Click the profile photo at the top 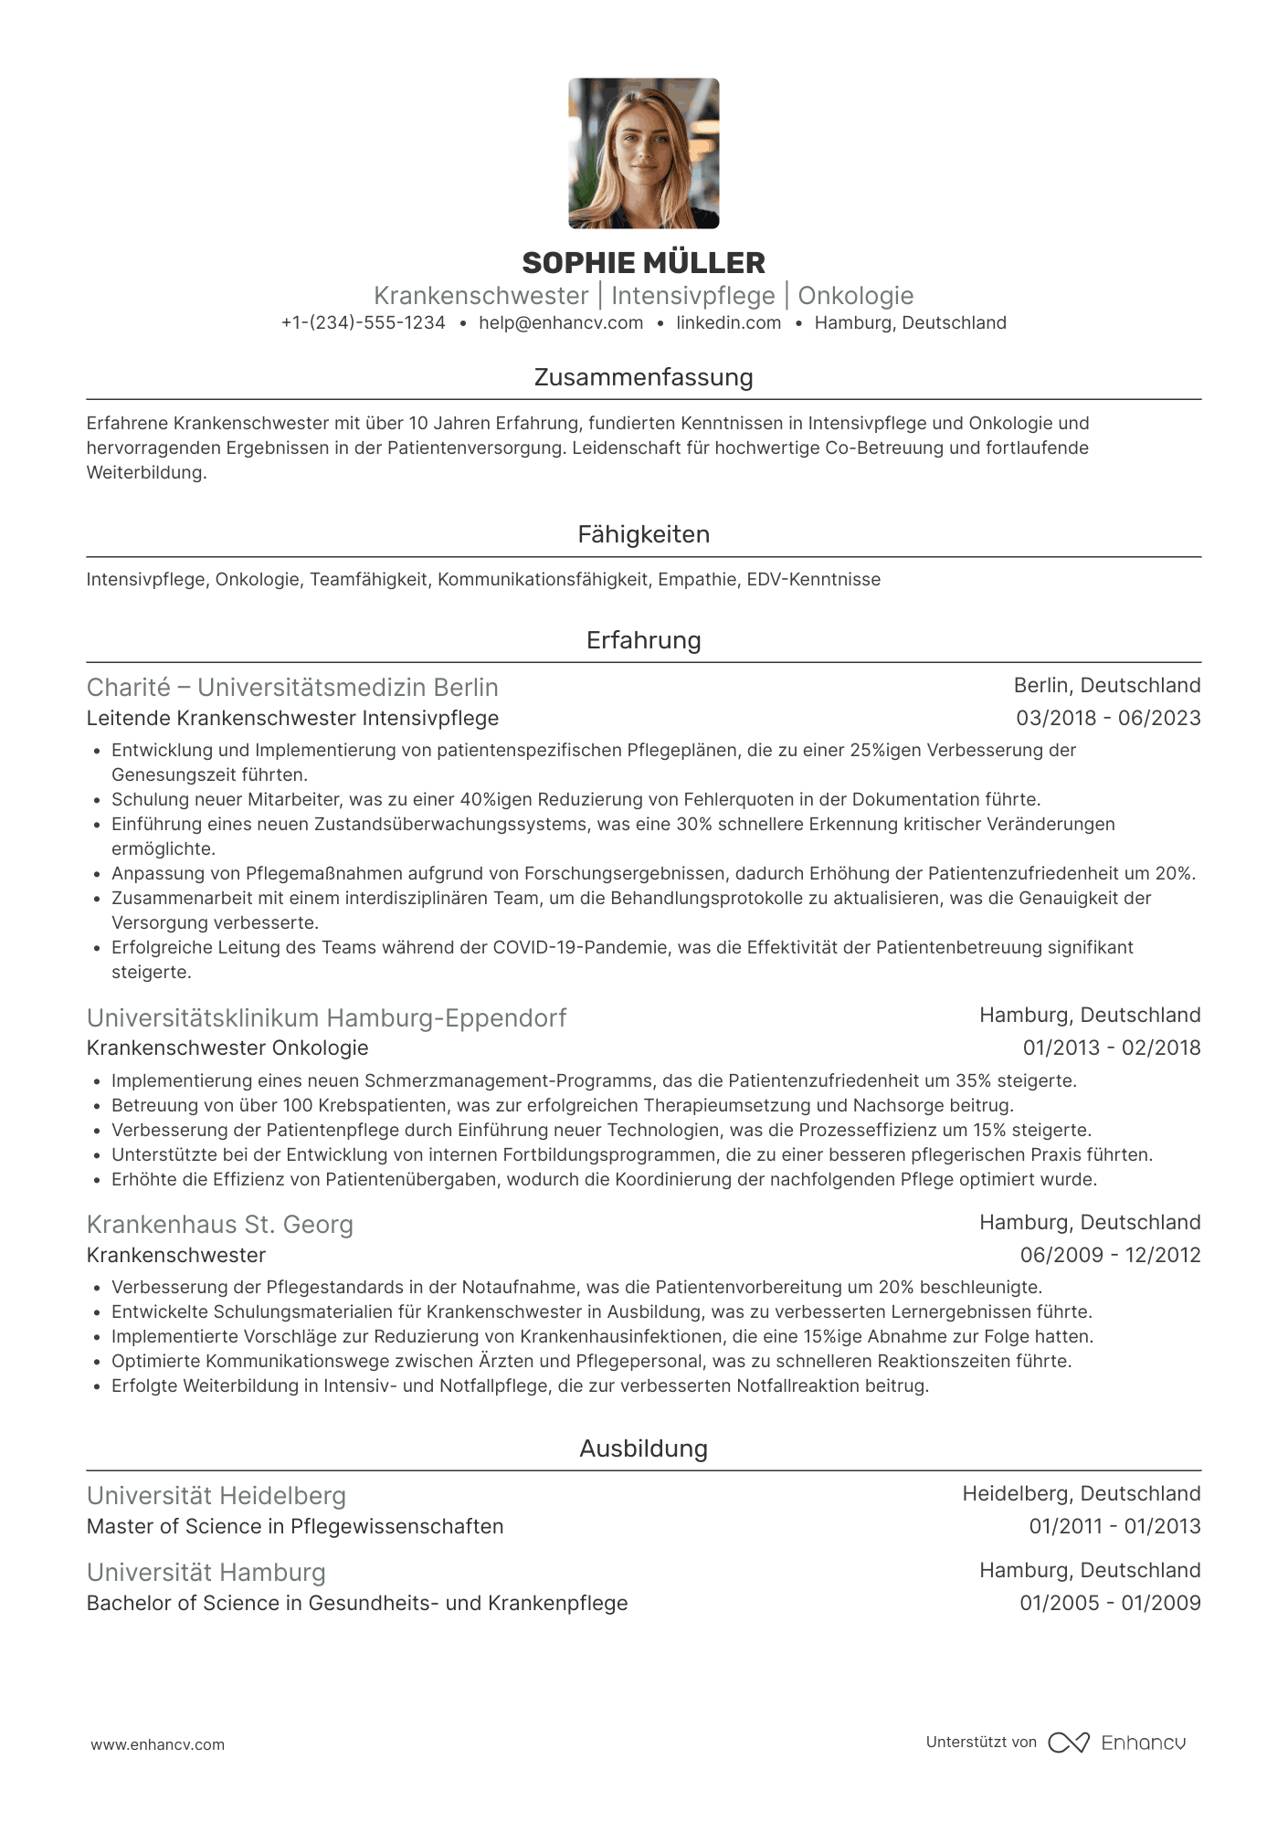tap(643, 153)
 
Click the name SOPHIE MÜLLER tap(643, 263)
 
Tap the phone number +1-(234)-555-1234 tap(364, 323)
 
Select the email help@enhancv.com tap(561, 323)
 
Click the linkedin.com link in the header tap(728, 323)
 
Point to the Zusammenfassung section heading tap(643, 377)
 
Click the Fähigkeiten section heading tap(643, 534)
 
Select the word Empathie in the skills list tap(697, 580)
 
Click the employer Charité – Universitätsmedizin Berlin tap(292, 688)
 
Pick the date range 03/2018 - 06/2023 tap(1108, 719)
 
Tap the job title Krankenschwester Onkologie tap(227, 1048)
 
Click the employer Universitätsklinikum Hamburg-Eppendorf tap(326, 1018)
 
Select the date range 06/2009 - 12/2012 tap(1110, 1256)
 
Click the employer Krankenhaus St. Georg tap(219, 1225)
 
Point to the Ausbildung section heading tap(643, 1448)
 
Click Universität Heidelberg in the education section tap(216, 1496)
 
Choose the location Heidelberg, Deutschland tap(1081, 1494)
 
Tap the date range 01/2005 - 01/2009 tap(1110, 1604)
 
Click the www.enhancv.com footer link tap(157, 1745)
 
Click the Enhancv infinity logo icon tap(1068, 1743)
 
